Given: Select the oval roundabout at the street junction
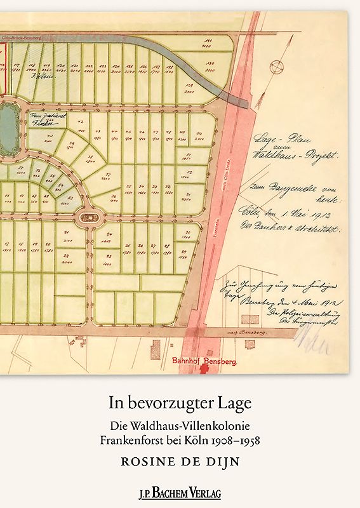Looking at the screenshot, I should click(88, 217).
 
